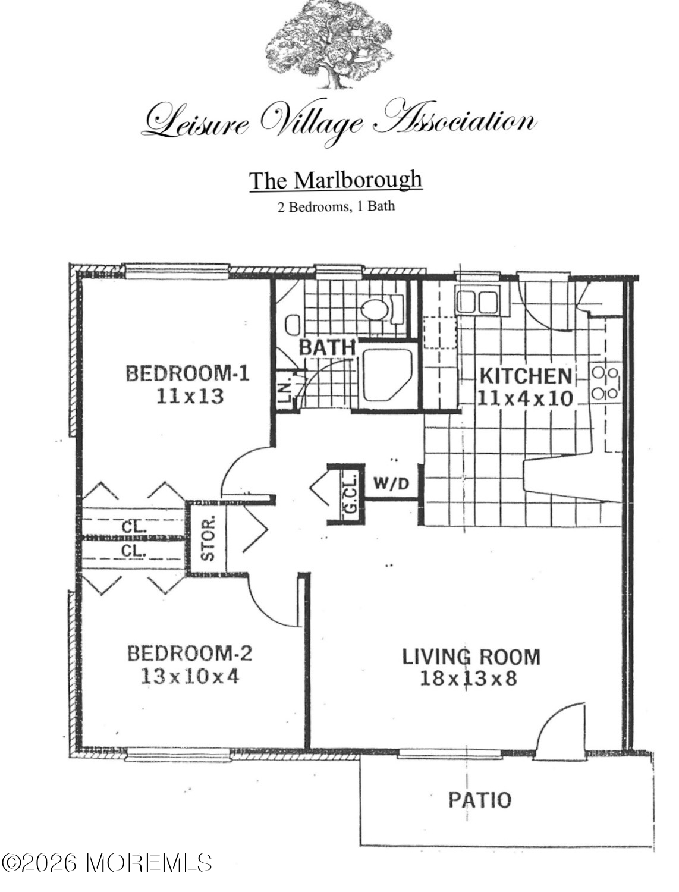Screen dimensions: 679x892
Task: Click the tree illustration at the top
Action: click(x=329, y=44)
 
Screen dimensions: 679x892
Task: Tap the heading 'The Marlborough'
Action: click(x=336, y=180)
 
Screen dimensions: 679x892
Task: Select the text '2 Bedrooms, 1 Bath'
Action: click(x=336, y=206)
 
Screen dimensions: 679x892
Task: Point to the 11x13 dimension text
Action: click(x=189, y=396)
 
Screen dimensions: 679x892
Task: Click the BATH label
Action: click(x=327, y=347)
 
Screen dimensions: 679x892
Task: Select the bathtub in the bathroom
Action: click(x=388, y=375)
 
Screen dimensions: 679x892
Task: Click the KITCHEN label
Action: click(x=526, y=376)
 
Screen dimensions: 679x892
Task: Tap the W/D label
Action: click(x=391, y=483)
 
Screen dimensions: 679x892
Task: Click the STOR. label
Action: click(x=208, y=538)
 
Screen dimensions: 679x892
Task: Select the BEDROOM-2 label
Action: click(x=190, y=654)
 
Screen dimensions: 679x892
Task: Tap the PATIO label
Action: click(x=479, y=800)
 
